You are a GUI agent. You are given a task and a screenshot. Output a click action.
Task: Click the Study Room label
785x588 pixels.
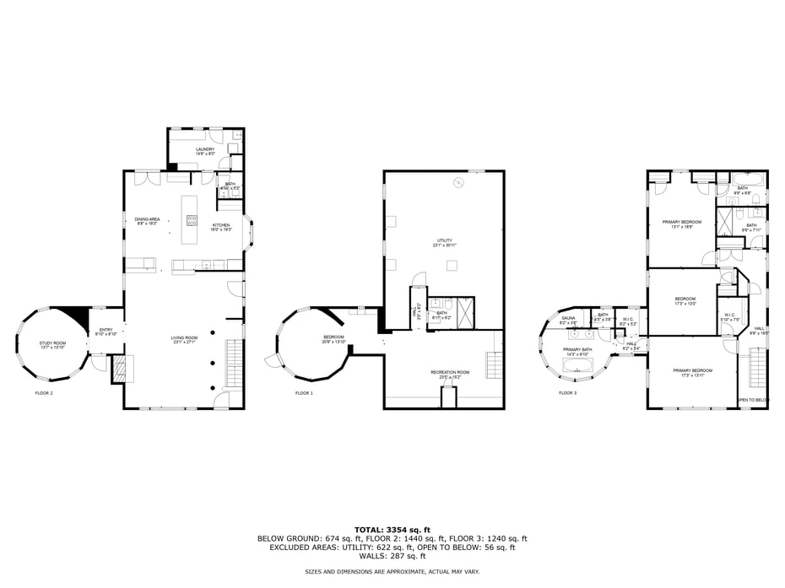pos(52,344)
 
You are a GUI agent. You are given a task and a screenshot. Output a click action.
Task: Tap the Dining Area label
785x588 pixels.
pos(148,221)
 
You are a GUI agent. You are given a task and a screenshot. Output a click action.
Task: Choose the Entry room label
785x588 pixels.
pos(106,332)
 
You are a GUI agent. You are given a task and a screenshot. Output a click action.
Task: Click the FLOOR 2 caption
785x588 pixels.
pos(44,393)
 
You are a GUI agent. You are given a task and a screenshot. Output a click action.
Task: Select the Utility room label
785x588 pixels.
pos(444,243)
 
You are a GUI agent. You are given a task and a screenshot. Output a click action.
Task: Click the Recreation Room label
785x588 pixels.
pos(449,374)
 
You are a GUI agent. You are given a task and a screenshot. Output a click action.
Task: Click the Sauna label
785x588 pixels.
pos(568,320)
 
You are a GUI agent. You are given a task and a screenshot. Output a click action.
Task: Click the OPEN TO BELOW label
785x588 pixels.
pos(753,400)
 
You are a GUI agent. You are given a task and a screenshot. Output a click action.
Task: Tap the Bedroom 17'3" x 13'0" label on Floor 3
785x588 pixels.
pos(685,301)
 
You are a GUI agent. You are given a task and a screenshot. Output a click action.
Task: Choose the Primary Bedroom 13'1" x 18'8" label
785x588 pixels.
pos(682,224)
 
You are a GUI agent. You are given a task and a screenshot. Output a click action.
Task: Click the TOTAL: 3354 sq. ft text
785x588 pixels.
pos(392,529)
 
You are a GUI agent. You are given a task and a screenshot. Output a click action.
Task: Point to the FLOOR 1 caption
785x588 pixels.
pos(304,393)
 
